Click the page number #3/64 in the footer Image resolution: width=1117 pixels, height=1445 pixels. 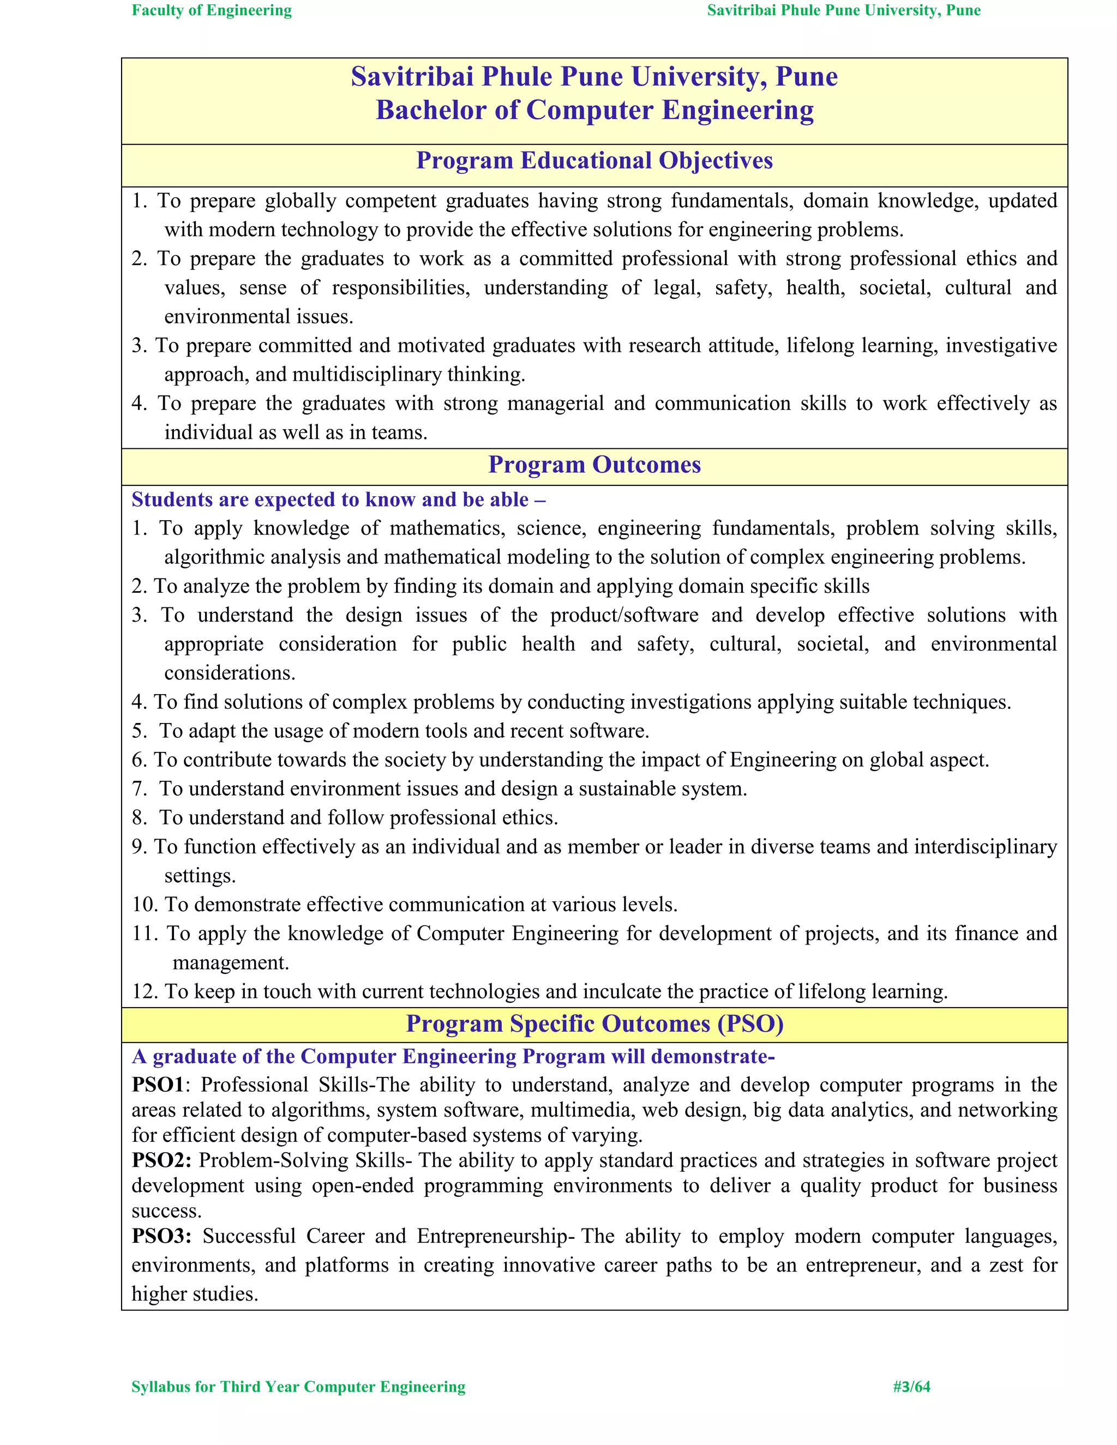tap(911, 1387)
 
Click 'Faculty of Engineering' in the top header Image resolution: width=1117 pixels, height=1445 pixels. tap(212, 10)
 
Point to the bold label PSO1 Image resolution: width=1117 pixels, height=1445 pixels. tap(157, 1085)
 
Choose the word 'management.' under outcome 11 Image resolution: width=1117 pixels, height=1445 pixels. tap(230, 962)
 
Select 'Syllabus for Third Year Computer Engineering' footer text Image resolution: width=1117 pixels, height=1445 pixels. tap(298, 1387)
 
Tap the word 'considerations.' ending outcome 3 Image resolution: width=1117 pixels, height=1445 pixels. tap(230, 673)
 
